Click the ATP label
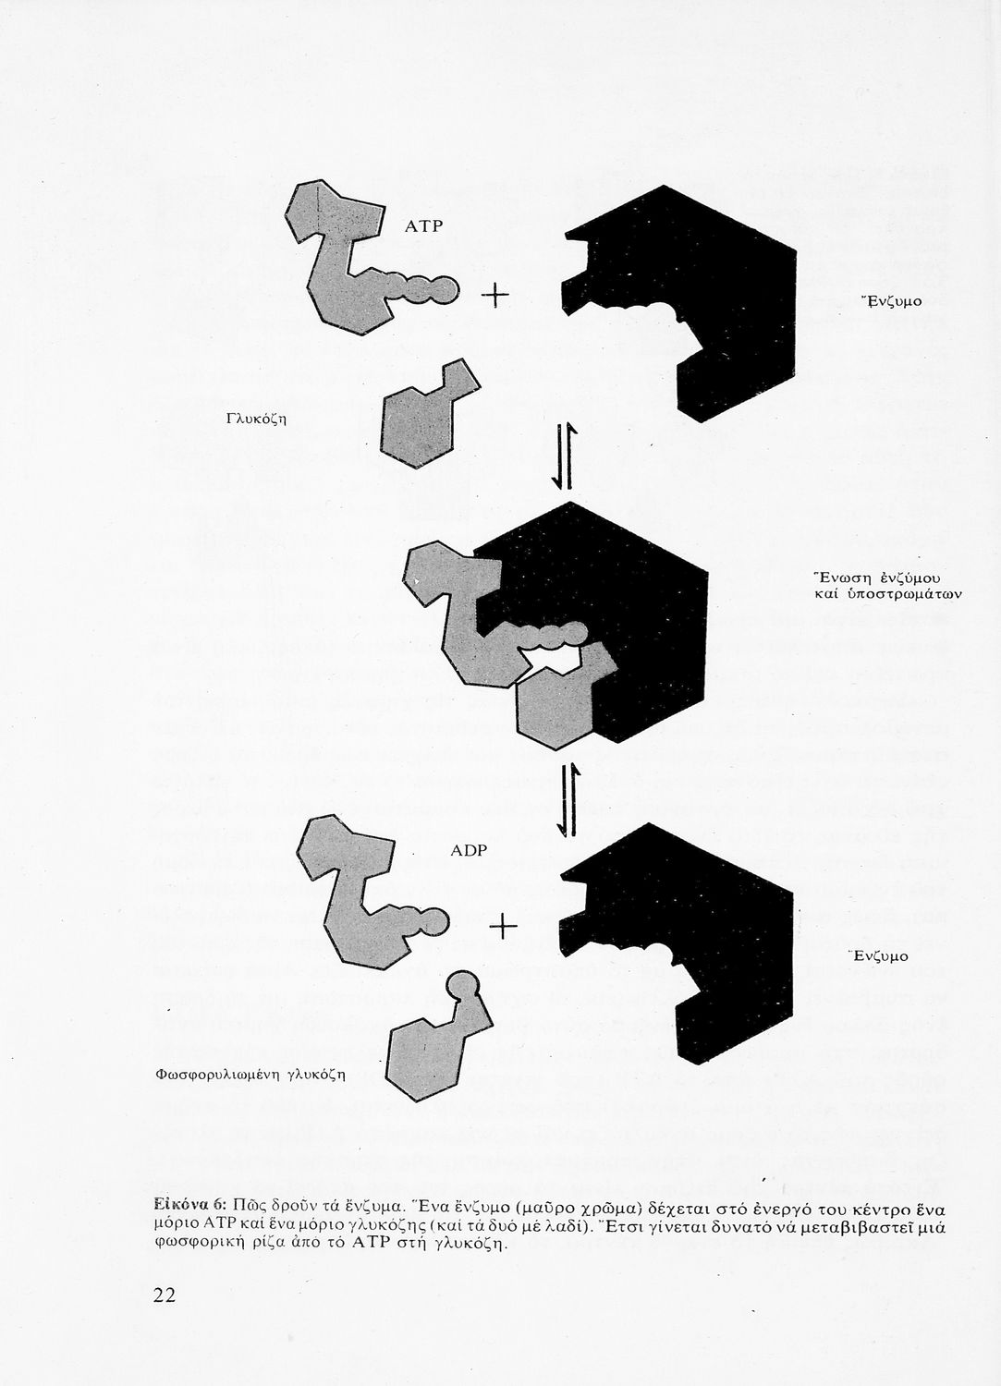point(424,226)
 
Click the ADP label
point(469,851)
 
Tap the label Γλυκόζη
point(256,419)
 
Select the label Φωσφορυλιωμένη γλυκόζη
point(250,1075)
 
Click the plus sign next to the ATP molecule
point(495,296)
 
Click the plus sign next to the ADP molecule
point(503,928)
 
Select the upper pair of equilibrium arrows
point(565,456)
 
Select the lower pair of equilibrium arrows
point(567,800)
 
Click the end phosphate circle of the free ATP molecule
point(446,289)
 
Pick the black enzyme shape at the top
point(678,303)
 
